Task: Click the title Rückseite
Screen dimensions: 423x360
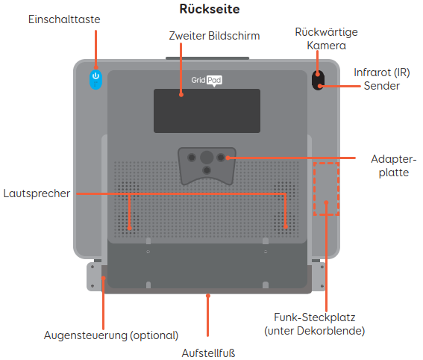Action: click(x=210, y=9)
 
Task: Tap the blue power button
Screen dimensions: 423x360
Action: click(x=95, y=79)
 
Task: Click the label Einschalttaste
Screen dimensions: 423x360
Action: click(x=64, y=19)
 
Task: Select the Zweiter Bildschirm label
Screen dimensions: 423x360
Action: click(x=214, y=36)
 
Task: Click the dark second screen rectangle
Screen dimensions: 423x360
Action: click(x=207, y=111)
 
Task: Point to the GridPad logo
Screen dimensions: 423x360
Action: click(x=207, y=80)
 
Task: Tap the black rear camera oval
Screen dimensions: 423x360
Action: click(x=318, y=80)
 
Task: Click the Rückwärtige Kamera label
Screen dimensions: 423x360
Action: click(x=327, y=39)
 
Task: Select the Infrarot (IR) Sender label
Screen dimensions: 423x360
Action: click(x=382, y=79)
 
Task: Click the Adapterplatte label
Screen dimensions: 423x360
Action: click(x=394, y=166)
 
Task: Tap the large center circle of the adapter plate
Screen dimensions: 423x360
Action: click(x=207, y=157)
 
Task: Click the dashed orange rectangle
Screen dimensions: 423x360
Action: click(x=326, y=163)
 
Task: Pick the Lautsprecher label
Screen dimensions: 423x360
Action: click(x=37, y=193)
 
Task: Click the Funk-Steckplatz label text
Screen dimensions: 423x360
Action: click(x=315, y=324)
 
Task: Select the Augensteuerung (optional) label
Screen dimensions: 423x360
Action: click(x=111, y=335)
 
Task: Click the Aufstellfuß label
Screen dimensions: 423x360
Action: click(x=208, y=353)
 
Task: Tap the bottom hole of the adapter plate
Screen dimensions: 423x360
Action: click(x=207, y=170)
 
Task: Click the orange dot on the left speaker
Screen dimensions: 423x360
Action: click(x=130, y=229)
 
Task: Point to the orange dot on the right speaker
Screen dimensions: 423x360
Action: click(x=286, y=227)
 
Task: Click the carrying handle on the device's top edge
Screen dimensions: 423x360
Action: click(x=207, y=58)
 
